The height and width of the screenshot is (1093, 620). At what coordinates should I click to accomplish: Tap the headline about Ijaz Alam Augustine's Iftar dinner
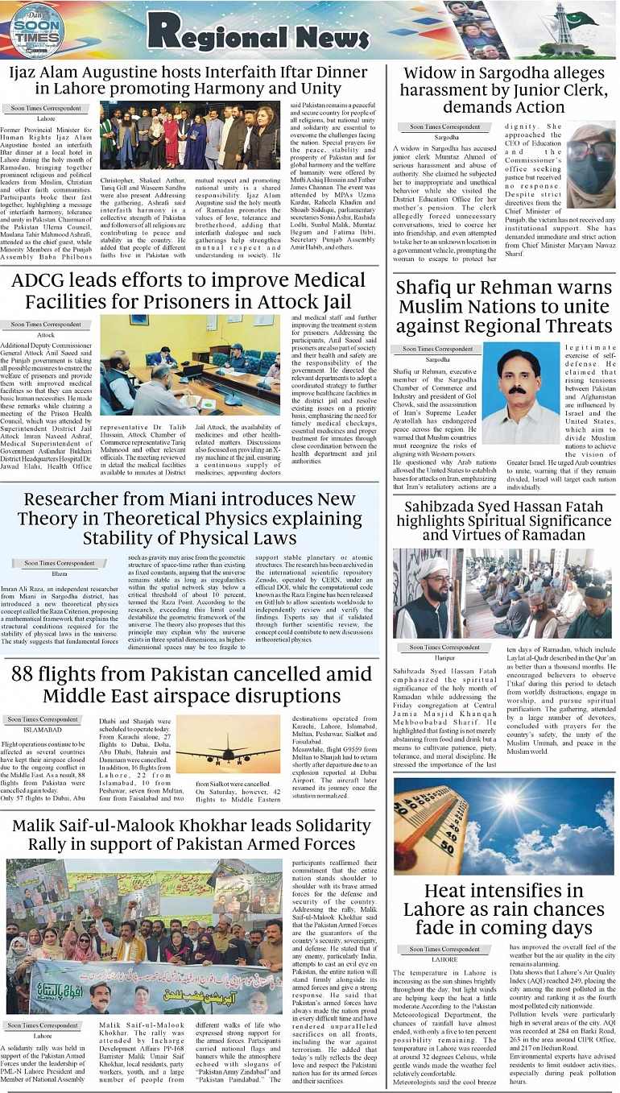[188, 81]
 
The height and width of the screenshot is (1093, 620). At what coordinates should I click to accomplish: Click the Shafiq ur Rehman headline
[504, 307]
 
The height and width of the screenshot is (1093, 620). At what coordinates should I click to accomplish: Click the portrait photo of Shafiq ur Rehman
[522, 395]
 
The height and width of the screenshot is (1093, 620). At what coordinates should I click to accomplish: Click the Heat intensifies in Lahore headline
[504, 909]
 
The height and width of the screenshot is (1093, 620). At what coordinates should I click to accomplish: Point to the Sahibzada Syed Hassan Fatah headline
[504, 520]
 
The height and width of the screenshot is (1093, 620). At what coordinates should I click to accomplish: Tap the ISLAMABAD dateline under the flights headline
[37, 731]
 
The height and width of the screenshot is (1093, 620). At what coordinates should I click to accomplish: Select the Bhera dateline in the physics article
[59, 574]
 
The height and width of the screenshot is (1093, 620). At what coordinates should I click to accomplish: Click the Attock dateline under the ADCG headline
[45, 334]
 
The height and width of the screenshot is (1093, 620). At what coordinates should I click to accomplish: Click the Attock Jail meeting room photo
[191, 365]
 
